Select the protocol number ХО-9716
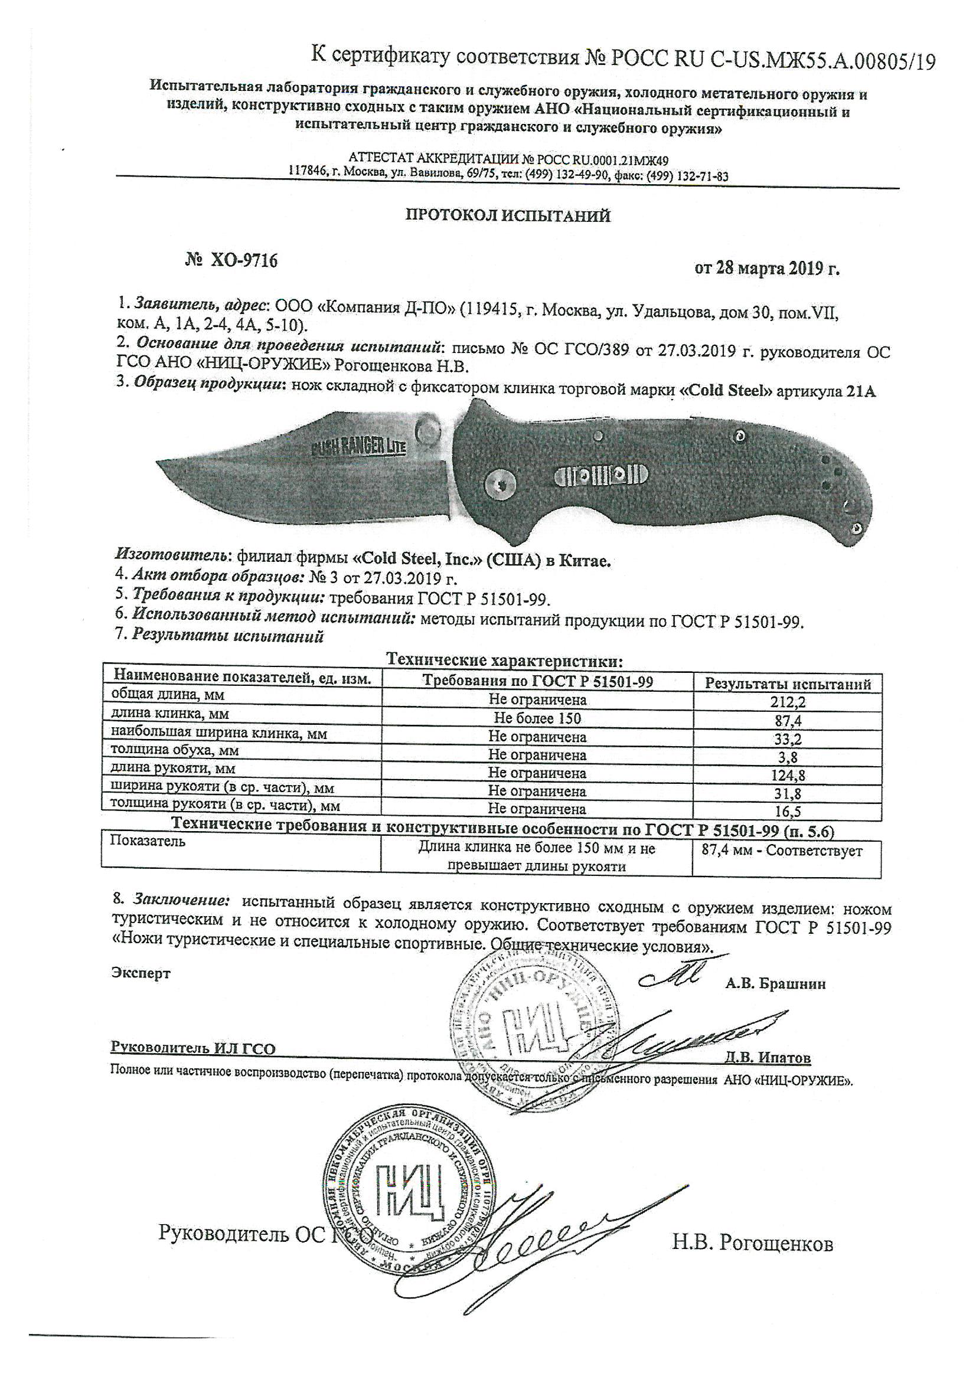[x=231, y=261]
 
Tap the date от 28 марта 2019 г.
[x=767, y=269]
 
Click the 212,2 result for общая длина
[x=788, y=701]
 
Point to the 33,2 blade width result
[x=788, y=737]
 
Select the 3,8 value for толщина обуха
[x=788, y=756]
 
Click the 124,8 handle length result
[x=788, y=775]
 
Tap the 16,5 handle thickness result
[x=788, y=812]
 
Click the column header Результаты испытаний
[x=788, y=684]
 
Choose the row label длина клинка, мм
[x=170, y=714]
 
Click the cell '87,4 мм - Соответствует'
[x=782, y=851]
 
